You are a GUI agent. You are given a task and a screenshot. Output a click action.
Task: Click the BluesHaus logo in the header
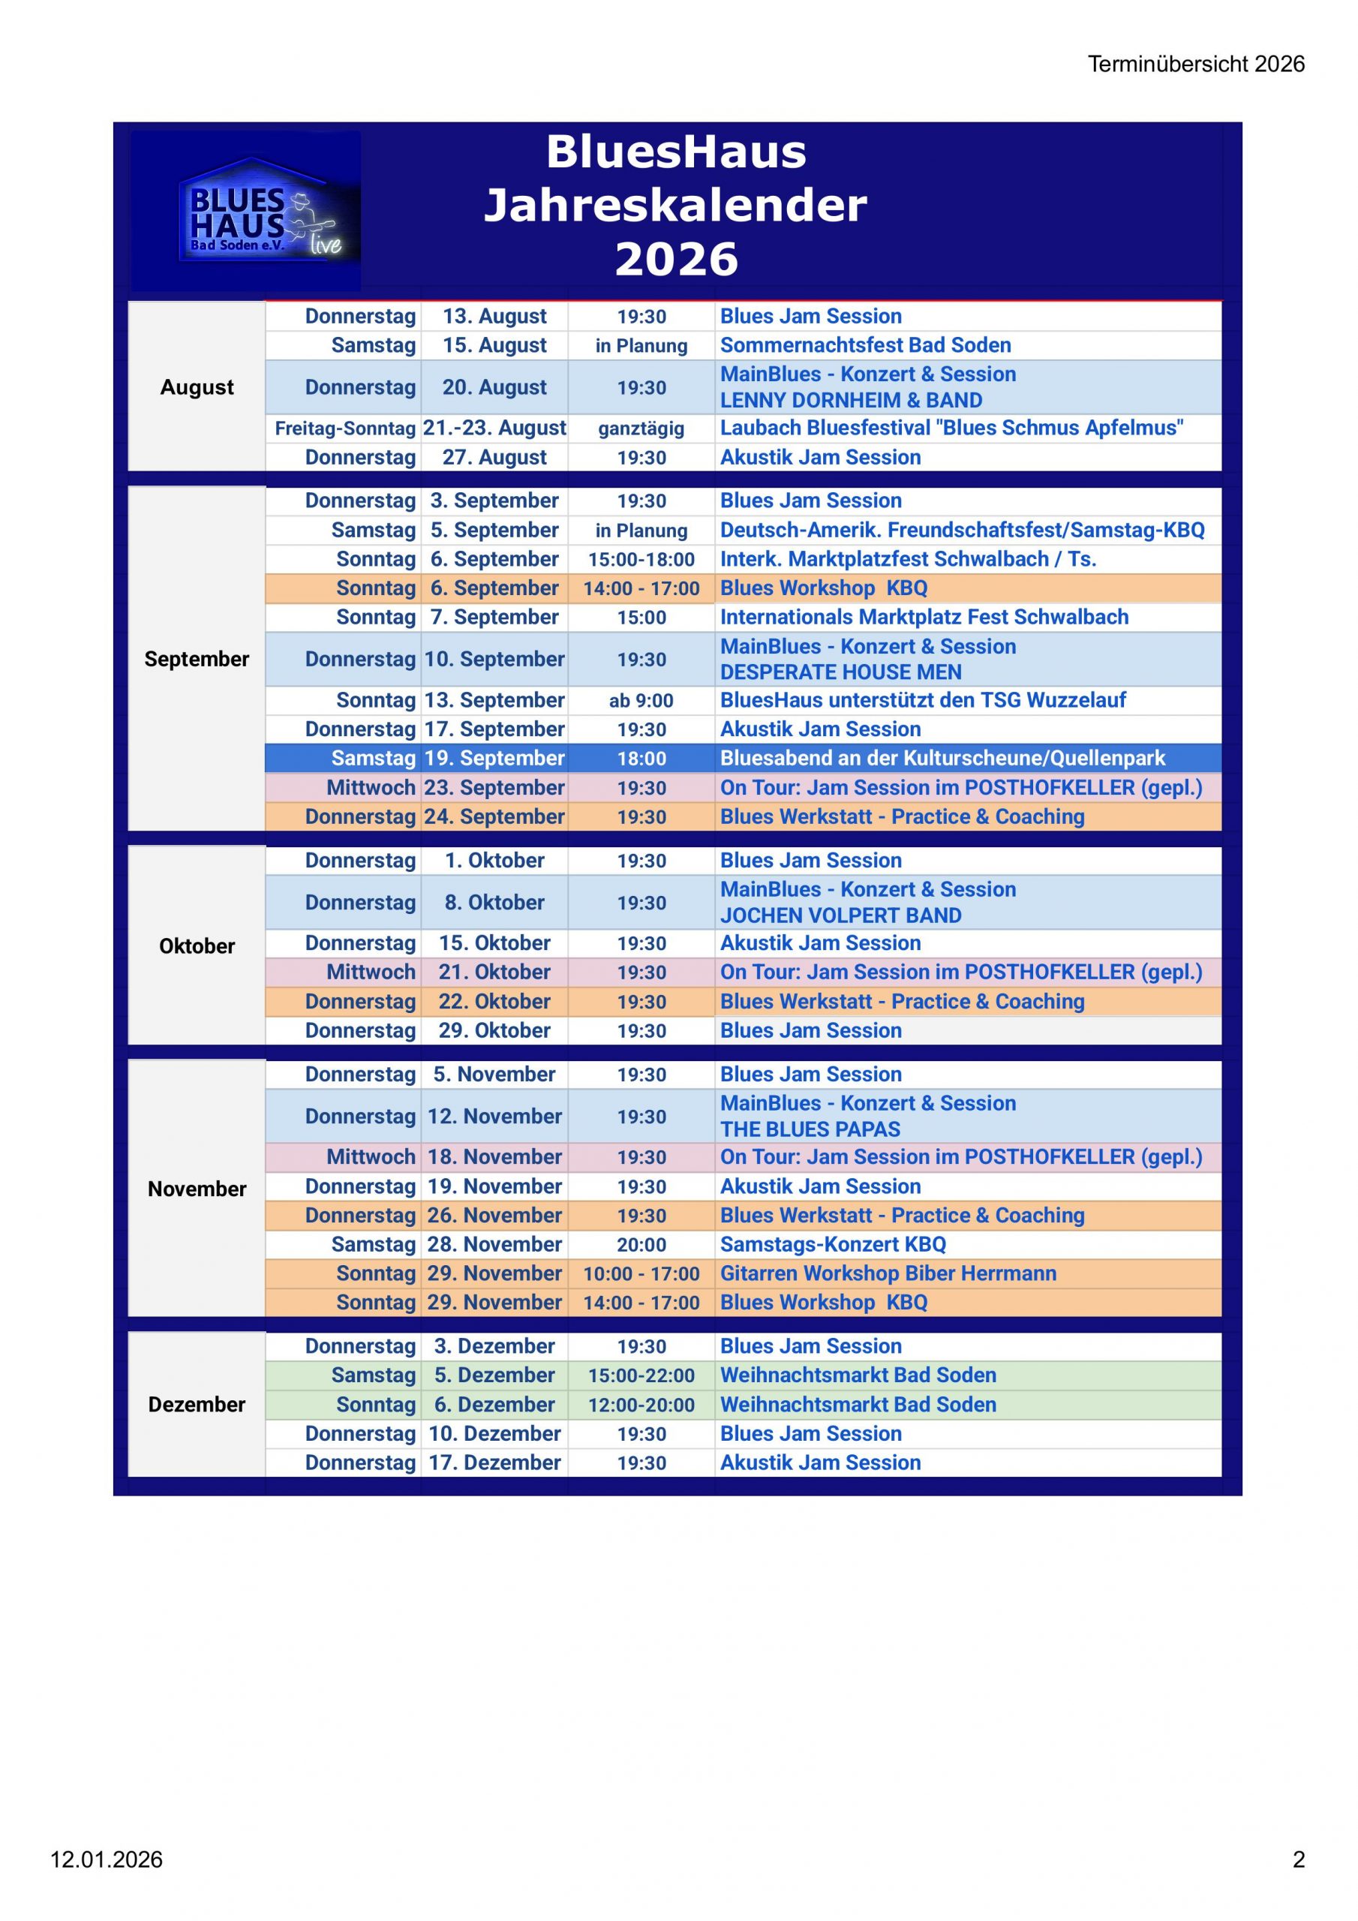(x=246, y=211)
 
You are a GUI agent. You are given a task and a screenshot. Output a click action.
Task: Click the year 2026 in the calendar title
(x=676, y=259)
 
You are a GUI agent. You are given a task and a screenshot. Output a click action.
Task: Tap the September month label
(x=197, y=660)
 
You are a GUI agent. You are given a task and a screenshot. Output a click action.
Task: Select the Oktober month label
(x=197, y=946)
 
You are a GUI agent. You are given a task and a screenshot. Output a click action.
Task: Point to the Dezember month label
(x=197, y=1404)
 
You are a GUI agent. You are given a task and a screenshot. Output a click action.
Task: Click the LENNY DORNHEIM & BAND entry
(x=851, y=401)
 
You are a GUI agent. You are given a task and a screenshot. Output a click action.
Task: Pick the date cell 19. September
(x=494, y=758)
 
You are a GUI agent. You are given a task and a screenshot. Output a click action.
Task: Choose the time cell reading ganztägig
(x=641, y=429)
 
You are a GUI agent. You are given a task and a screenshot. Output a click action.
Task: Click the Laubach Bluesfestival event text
(x=951, y=428)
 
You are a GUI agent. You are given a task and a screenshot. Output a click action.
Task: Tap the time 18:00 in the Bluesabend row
(x=641, y=759)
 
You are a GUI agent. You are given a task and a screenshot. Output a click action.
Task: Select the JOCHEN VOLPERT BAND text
(x=840, y=915)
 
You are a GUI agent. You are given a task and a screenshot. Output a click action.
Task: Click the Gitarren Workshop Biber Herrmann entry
(x=888, y=1273)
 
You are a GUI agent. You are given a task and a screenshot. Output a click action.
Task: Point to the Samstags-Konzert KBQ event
(x=833, y=1244)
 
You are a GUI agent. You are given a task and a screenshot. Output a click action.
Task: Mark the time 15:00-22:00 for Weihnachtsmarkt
(x=641, y=1375)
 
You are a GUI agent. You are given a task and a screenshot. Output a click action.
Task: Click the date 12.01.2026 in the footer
(x=107, y=1859)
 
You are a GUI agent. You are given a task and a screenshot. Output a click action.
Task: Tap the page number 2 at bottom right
(x=1299, y=1859)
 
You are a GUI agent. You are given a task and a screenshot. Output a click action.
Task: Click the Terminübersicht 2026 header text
(x=1196, y=65)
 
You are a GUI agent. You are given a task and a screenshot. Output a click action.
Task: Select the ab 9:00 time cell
(x=641, y=701)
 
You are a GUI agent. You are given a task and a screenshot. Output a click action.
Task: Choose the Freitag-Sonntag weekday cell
(x=344, y=429)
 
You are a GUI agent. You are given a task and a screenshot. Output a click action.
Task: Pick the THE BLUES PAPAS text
(x=810, y=1129)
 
